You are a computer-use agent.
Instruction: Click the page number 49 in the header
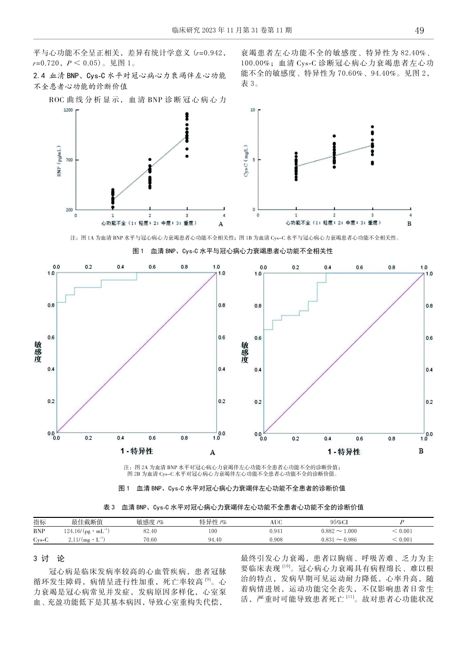(x=419, y=30)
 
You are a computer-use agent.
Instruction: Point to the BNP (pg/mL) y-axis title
(x=59, y=160)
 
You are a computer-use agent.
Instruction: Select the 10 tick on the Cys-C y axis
(x=253, y=110)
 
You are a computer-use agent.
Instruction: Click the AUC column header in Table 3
(x=276, y=522)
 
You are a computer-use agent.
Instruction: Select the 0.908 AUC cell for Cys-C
(x=276, y=540)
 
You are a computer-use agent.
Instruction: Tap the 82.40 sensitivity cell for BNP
(x=150, y=531)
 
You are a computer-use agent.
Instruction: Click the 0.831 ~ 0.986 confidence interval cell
(x=339, y=540)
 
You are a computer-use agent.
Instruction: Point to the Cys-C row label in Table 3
(x=41, y=540)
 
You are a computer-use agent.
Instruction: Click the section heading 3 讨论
(x=49, y=559)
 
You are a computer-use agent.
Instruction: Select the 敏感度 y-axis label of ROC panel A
(x=38, y=352)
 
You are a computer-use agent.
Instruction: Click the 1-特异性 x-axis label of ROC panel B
(x=344, y=451)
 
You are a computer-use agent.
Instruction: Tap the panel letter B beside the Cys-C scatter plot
(x=409, y=223)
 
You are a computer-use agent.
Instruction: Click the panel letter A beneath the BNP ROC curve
(x=212, y=452)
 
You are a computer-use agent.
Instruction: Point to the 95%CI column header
(x=339, y=522)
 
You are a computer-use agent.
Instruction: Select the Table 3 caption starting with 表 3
(x=233, y=507)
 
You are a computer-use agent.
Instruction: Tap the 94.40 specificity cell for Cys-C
(x=215, y=540)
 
